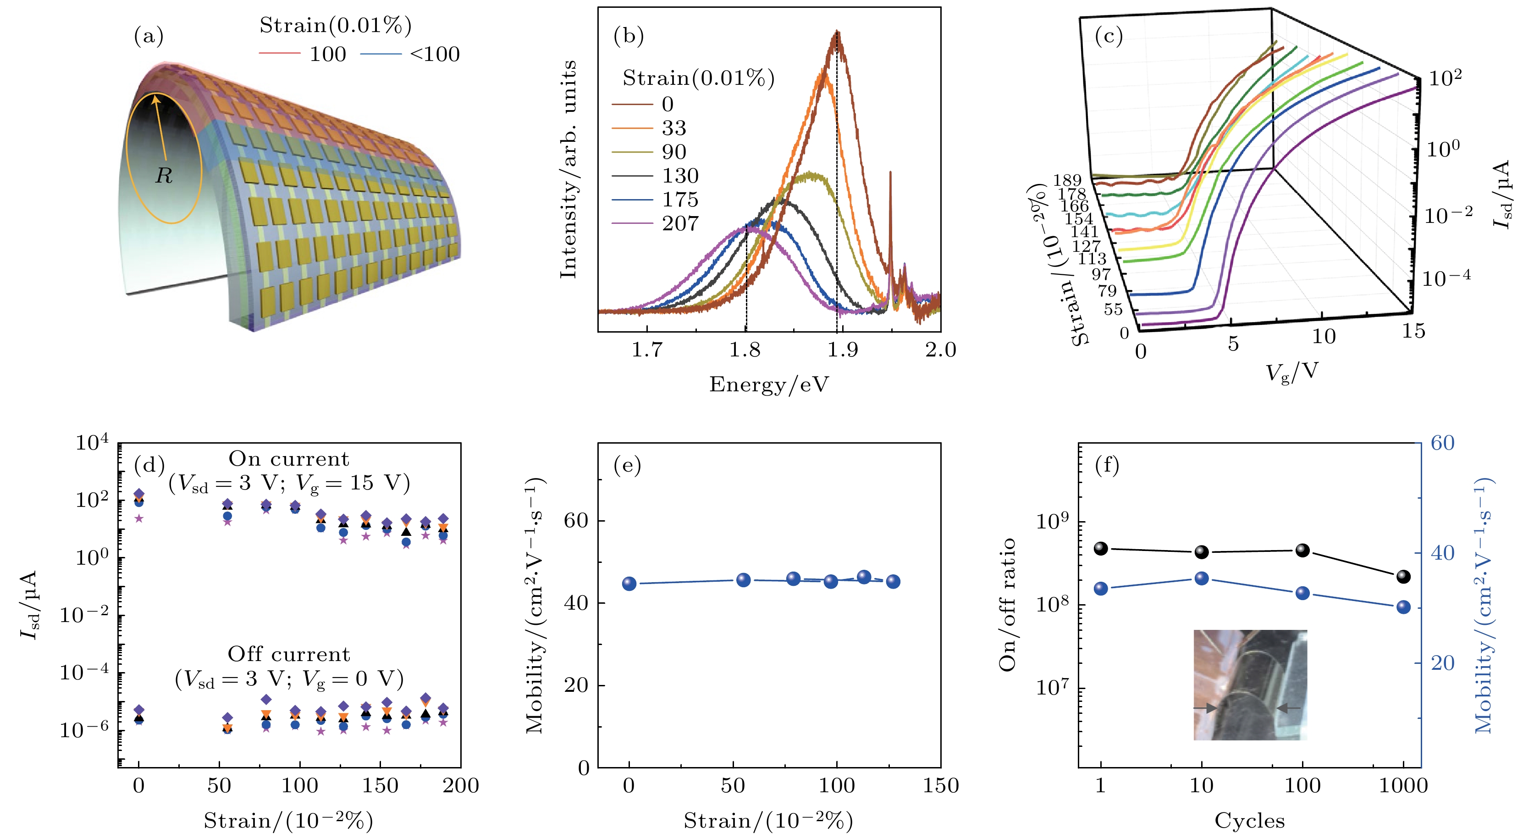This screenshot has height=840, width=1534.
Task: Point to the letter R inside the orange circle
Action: [164, 176]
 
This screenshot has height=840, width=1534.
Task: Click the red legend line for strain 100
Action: [279, 54]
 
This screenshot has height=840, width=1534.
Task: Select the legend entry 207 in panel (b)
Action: [679, 223]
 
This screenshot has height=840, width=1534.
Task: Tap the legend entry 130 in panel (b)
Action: [680, 176]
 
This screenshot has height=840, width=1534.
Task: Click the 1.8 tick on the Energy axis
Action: [745, 350]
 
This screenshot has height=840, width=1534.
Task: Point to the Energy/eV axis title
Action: [769, 385]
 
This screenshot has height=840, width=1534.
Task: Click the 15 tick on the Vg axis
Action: [1413, 331]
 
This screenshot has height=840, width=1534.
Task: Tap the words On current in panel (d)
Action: [289, 459]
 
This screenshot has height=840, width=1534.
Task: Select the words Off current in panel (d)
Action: [289, 654]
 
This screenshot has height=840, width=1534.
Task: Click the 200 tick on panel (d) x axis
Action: [460, 786]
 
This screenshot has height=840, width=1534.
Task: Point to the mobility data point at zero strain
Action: [629, 584]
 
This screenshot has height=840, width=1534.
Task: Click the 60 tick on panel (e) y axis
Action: [576, 521]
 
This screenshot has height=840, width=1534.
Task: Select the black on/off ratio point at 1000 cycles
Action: [1404, 576]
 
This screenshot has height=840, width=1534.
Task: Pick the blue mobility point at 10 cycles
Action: [1202, 579]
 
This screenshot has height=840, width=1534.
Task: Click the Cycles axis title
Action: [1249, 821]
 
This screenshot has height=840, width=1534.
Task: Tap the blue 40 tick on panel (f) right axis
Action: [1442, 553]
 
